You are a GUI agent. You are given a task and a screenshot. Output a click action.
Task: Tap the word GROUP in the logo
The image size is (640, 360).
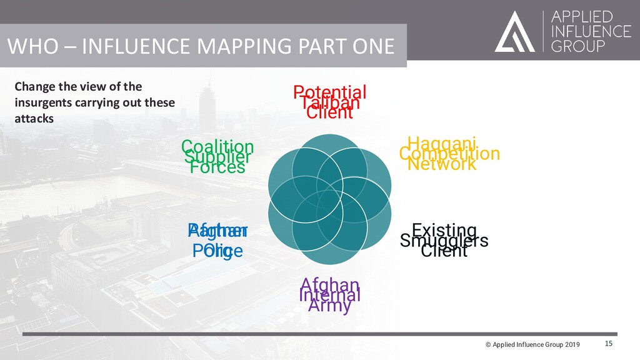pyautogui.click(x=578, y=47)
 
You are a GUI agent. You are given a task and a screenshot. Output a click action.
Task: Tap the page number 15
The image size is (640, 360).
pyautogui.click(x=609, y=344)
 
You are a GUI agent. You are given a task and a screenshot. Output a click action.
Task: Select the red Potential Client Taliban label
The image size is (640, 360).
pyautogui.click(x=330, y=102)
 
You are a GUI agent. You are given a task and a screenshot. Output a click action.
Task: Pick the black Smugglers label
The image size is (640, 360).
pyautogui.click(x=444, y=241)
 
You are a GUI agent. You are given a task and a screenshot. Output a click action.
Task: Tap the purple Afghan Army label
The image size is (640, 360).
pyautogui.click(x=330, y=295)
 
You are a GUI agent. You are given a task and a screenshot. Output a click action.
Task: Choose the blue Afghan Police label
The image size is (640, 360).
pyautogui.click(x=217, y=241)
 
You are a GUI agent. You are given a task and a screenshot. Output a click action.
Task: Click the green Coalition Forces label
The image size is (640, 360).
pyautogui.click(x=217, y=157)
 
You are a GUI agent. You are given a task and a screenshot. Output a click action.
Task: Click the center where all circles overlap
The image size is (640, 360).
pyautogui.click(x=330, y=200)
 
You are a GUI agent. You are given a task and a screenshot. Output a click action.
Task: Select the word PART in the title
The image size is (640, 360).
pyautogui.click(x=316, y=47)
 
